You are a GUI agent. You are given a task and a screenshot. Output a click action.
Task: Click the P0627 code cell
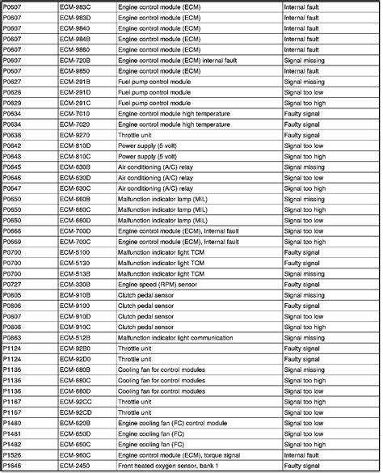[x=12, y=82]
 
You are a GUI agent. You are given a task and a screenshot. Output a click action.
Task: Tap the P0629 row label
[x=12, y=103]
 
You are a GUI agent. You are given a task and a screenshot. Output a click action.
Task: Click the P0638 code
[x=12, y=134]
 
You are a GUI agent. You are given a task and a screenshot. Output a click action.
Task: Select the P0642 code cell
[x=12, y=145]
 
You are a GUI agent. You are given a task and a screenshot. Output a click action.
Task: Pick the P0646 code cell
[x=12, y=176]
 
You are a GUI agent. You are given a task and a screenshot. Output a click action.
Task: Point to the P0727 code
[x=12, y=282]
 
